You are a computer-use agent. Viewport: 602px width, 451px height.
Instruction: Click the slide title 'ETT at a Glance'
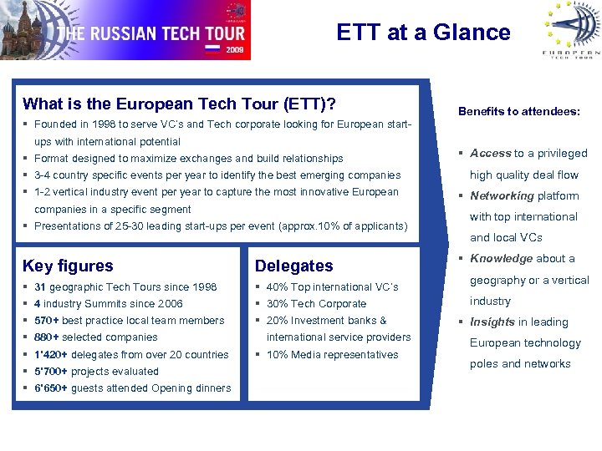pos(423,33)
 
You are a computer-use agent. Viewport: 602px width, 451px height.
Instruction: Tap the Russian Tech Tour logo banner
pos(125,31)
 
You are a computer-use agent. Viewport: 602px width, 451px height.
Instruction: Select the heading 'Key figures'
pos(68,266)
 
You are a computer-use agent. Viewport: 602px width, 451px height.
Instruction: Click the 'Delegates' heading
pos(293,266)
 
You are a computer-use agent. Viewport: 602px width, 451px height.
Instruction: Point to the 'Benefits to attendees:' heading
pos(518,110)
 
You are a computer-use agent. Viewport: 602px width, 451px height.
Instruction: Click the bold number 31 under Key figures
pos(40,286)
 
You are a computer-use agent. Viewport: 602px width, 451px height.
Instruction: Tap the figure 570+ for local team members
pos(46,321)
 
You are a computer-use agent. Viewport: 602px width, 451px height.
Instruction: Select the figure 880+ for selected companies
pos(46,337)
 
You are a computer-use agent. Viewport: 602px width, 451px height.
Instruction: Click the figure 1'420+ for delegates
pos(49,354)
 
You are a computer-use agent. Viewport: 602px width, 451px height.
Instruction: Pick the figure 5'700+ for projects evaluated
pos(49,371)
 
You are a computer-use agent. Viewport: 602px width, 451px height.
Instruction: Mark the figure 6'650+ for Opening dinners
pos(51,388)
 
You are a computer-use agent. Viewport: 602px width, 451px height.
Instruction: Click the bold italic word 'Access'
pos(490,153)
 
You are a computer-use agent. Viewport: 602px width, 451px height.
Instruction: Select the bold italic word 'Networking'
pos(502,195)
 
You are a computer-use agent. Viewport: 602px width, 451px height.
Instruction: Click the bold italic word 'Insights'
pos(492,322)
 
